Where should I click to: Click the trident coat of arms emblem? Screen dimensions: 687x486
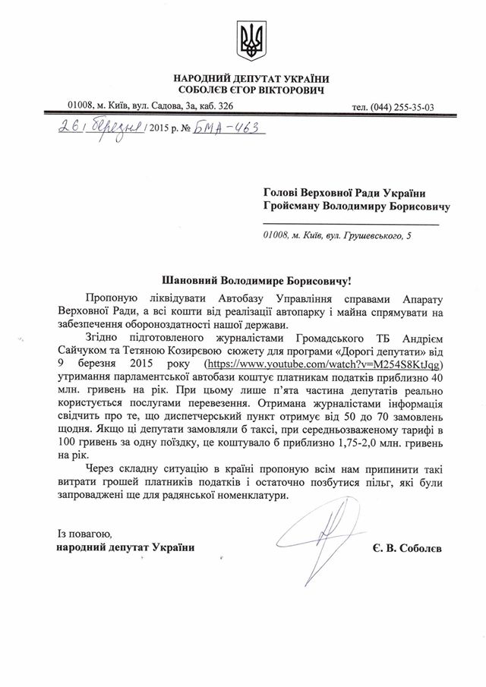click(x=250, y=41)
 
